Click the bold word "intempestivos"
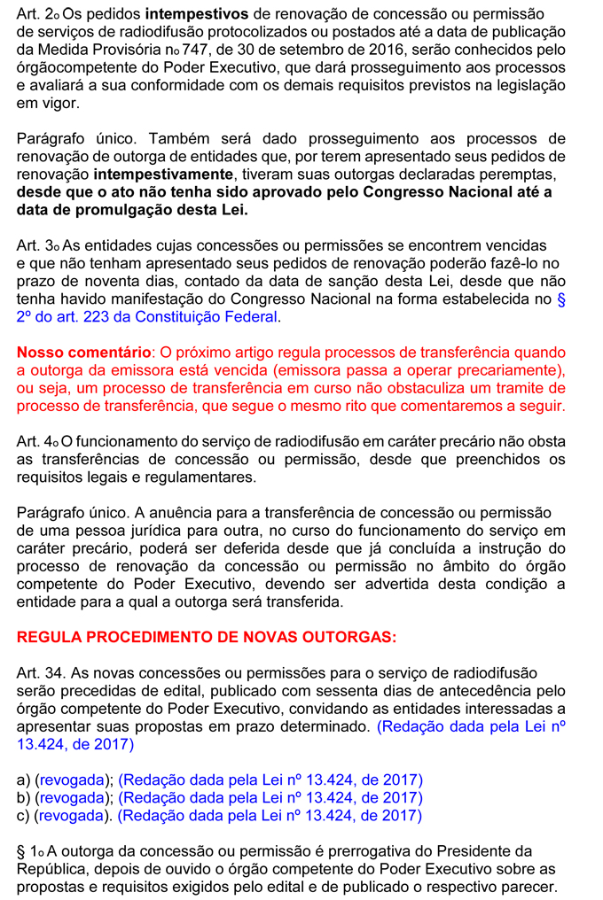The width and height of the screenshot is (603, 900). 191,15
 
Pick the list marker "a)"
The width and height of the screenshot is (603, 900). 24,780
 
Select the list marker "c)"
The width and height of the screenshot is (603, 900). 24,815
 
